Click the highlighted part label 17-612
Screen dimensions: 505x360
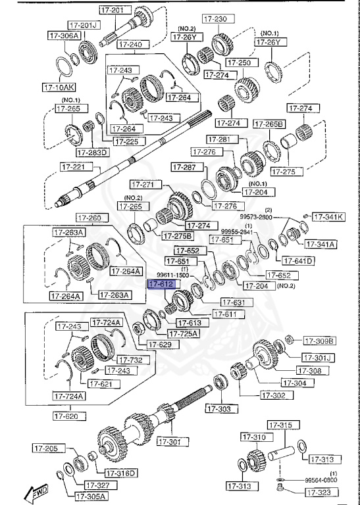161,285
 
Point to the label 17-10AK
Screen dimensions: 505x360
59,86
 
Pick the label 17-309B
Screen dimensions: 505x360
319,341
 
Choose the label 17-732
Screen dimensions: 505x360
130,360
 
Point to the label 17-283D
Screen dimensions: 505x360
92,153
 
